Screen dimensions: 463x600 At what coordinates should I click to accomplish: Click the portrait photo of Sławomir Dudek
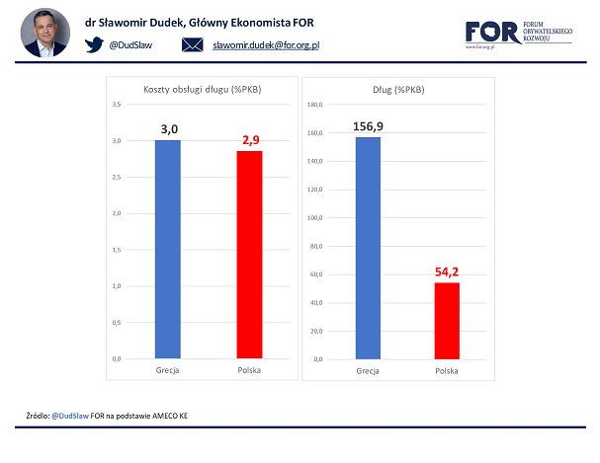(x=45, y=33)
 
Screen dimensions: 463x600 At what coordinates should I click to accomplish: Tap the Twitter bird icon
(x=94, y=44)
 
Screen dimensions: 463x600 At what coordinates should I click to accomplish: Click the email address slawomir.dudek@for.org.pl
(x=266, y=45)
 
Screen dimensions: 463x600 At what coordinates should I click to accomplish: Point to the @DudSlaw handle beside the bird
(x=129, y=45)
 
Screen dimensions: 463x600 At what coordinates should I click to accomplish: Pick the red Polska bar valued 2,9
(x=249, y=254)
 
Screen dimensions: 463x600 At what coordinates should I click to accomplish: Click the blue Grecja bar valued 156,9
(x=367, y=247)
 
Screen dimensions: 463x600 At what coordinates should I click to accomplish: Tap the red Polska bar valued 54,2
(x=447, y=320)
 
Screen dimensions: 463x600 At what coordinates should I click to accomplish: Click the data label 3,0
(x=167, y=128)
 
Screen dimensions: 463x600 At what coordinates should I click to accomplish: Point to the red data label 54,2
(x=447, y=270)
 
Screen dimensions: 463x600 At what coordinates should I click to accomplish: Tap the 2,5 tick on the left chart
(x=116, y=177)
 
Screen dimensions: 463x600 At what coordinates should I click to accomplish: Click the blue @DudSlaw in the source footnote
(x=69, y=416)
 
